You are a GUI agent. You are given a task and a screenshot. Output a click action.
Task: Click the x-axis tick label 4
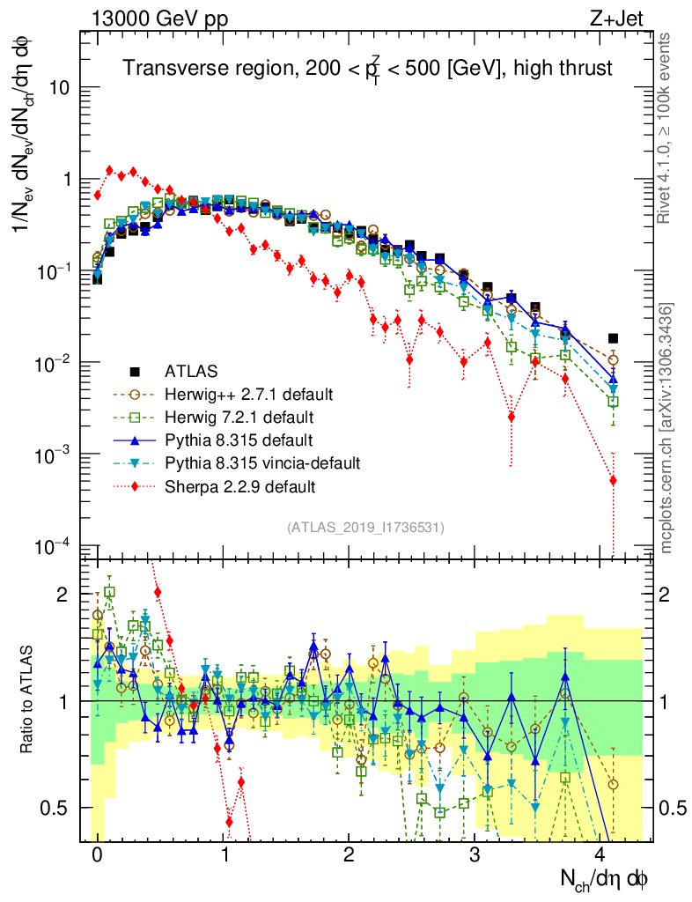601,854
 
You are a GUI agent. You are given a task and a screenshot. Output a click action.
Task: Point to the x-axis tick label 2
350,854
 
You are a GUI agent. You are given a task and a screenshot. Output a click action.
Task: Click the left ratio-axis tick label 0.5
61,807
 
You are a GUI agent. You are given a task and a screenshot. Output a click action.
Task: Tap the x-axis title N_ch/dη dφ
604,878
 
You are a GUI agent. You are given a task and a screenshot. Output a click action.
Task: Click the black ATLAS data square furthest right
613,338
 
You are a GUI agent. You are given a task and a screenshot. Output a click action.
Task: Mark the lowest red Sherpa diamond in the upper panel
613,480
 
